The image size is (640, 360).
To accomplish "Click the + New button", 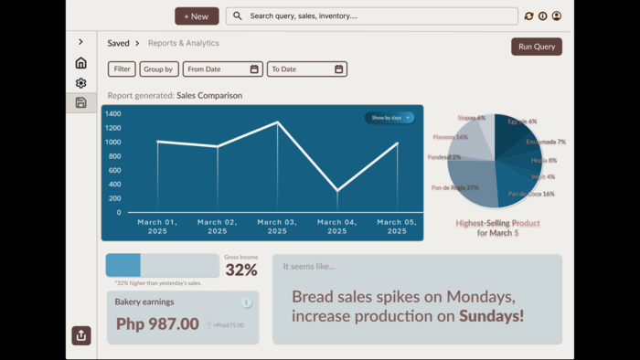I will click(x=197, y=16).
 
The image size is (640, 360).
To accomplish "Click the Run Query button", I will click(x=537, y=47).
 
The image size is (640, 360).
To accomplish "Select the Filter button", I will click(x=122, y=69).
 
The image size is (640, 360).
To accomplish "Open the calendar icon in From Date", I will click(x=254, y=69).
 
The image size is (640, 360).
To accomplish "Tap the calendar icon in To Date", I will click(x=338, y=69).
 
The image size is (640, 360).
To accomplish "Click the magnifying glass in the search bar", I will click(x=238, y=16).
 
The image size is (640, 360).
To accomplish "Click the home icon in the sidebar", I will click(x=80, y=63).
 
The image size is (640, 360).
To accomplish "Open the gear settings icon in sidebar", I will click(x=80, y=83).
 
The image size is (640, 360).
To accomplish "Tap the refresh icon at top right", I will click(x=528, y=16).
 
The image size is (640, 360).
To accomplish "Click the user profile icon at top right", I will click(x=556, y=16).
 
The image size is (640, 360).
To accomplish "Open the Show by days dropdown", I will click(x=390, y=118).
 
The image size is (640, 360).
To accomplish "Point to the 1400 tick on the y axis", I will click(x=112, y=114).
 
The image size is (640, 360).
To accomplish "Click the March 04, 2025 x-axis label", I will click(x=336, y=226).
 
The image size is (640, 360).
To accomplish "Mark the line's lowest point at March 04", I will click(x=337, y=190).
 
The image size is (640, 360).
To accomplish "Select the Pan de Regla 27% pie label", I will click(x=454, y=187).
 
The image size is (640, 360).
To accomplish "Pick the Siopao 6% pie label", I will click(x=472, y=118).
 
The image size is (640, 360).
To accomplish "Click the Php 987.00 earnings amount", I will click(x=157, y=323).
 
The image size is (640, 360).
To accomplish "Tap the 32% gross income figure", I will click(x=241, y=270).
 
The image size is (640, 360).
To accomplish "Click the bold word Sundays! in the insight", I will click(x=491, y=316).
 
